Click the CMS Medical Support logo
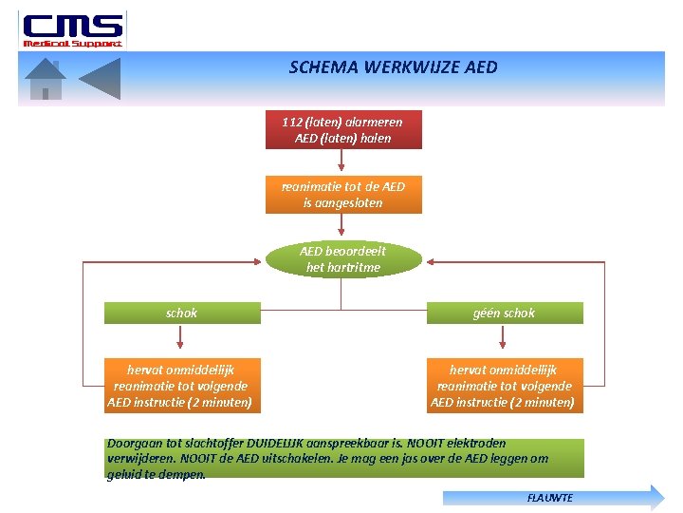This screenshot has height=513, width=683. point(72,28)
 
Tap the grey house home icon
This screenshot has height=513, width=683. point(45,79)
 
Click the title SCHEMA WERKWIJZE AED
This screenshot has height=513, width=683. point(393,67)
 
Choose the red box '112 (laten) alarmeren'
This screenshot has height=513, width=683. point(342,130)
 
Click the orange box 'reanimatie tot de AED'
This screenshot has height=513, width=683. point(342,195)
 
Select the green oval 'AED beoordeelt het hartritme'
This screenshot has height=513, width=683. point(342,259)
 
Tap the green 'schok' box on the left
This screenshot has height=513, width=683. point(181,313)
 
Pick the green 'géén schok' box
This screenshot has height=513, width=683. point(505,313)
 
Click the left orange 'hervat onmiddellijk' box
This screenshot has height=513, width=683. point(180,386)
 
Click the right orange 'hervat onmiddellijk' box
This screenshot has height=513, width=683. point(504,386)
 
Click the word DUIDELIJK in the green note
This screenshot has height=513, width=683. point(277,444)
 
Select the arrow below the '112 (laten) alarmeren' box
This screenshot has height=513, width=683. point(342,162)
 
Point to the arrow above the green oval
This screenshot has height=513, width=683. point(342,227)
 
